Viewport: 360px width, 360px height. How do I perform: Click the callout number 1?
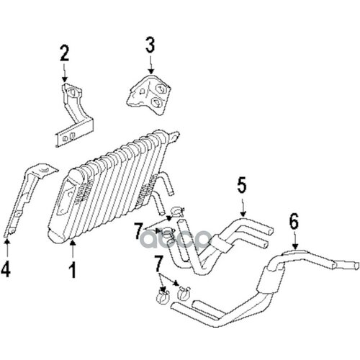(73, 271)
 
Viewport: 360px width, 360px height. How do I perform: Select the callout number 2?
(65, 53)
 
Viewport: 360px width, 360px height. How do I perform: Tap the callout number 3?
(150, 45)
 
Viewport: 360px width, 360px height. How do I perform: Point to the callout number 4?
(8, 271)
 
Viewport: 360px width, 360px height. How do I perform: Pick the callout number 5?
(241, 186)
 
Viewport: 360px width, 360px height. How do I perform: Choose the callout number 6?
(294, 221)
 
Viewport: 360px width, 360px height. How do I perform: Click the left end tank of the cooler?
(71, 201)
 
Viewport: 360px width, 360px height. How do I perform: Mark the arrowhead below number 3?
(150, 69)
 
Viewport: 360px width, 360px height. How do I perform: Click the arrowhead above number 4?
(8, 242)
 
